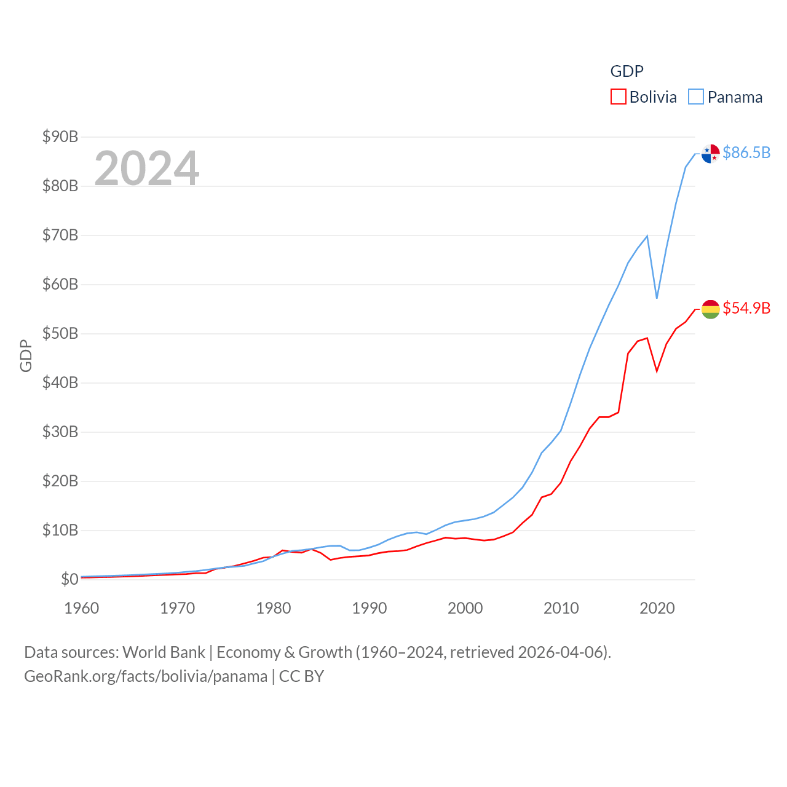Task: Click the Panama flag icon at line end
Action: (710, 154)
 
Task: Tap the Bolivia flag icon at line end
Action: (710, 309)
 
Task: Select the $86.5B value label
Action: (746, 152)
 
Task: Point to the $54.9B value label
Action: (746, 308)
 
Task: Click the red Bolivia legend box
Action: (618, 97)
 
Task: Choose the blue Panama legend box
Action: (695, 97)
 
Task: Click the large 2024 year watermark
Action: (147, 168)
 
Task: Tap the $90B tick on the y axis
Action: (60, 136)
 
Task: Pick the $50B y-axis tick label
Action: (60, 333)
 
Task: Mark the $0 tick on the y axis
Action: (69, 579)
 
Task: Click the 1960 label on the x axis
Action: (81, 608)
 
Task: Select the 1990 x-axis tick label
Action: (369, 608)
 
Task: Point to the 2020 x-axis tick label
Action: (657, 608)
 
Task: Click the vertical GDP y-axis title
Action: (26, 355)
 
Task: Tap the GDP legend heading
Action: (627, 71)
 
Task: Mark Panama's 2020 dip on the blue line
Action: (657, 298)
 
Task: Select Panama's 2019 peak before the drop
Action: (647, 236)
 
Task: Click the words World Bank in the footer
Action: (164, 652)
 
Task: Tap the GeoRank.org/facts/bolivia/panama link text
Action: (146, 676)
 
